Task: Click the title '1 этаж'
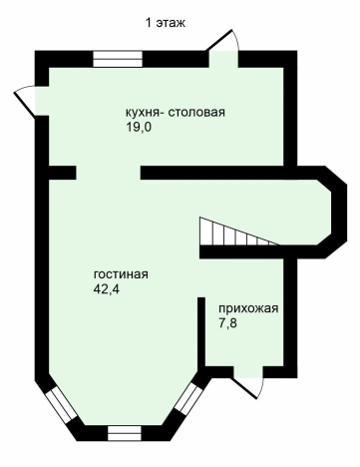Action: point(166,22)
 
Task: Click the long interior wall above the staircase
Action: point(229,174)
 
